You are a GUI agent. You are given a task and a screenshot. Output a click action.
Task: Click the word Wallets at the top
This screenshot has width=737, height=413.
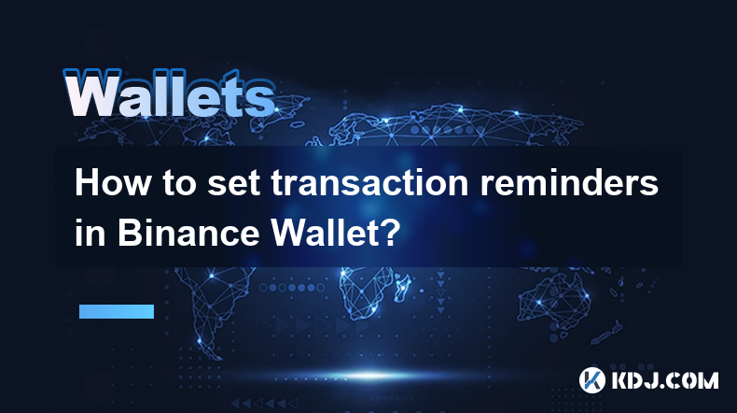pos(170,93)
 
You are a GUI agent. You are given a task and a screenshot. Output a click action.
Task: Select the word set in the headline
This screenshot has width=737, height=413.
pos(233,184)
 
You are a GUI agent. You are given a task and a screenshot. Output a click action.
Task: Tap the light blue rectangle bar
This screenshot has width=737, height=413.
pos(117,311)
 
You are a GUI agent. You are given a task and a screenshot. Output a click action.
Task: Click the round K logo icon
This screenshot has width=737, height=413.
pos(591,380)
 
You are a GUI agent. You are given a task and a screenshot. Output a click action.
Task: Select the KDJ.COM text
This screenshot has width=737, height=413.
pos(664,380)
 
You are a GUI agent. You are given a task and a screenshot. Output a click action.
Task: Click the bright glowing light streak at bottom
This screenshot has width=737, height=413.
pos(371,376)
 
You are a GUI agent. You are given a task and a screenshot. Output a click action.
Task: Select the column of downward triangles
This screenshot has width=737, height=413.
pos(440,292)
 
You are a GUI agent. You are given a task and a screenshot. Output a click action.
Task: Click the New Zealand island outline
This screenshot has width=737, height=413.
pos(608,332)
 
